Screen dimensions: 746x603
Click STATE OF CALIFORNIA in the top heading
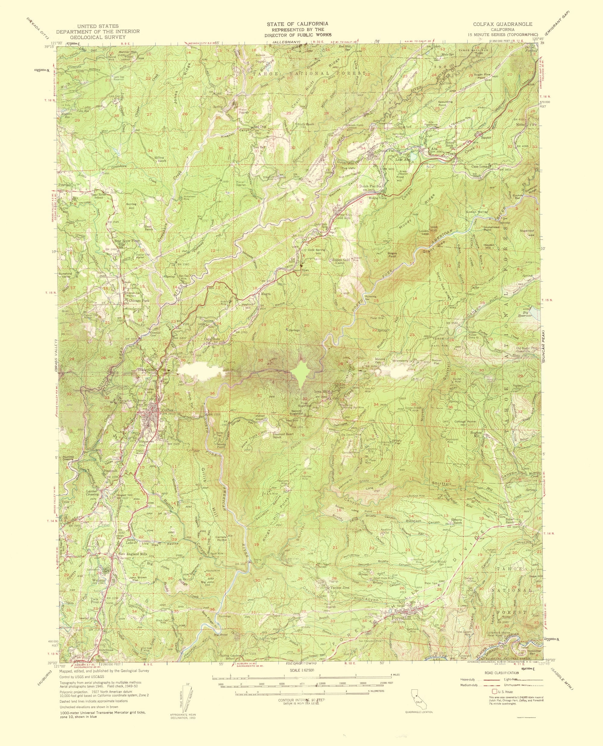click(x=298, y=23)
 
